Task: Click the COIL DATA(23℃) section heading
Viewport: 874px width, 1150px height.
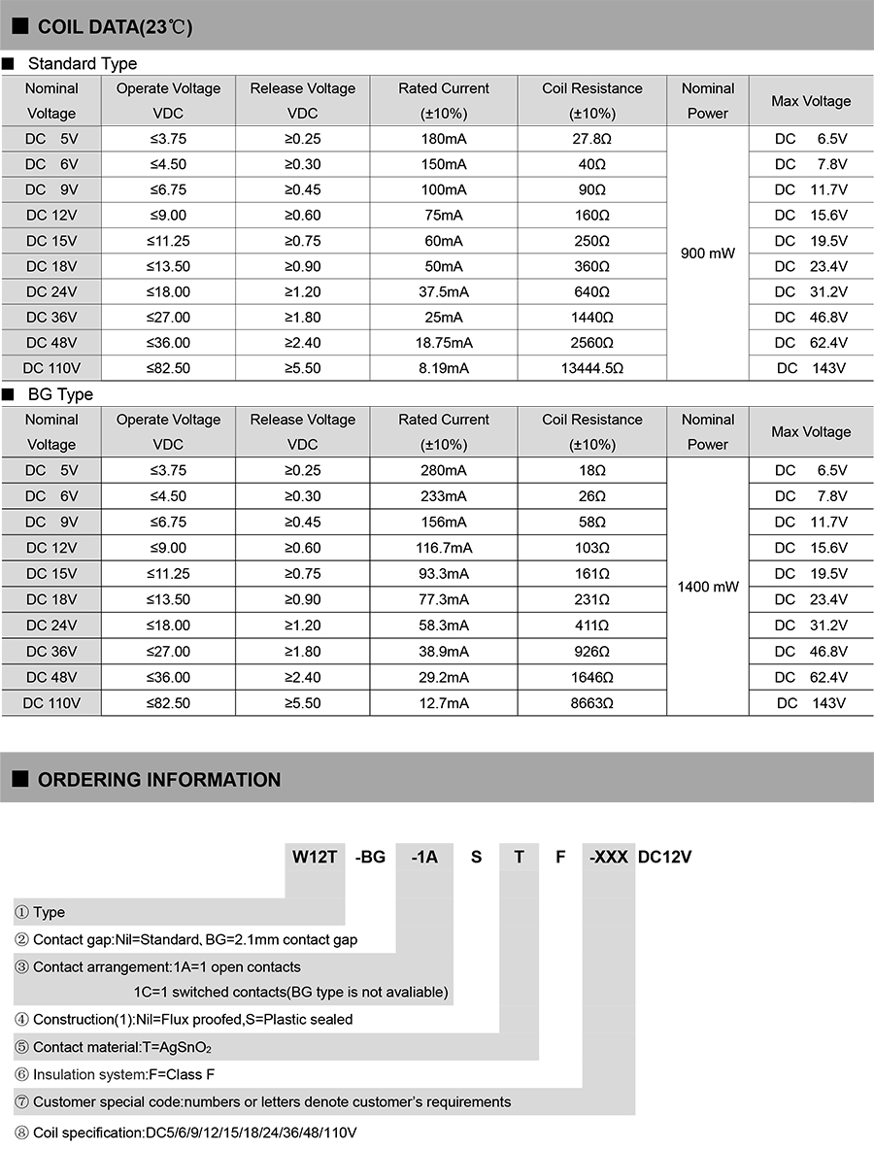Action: pos(115,27)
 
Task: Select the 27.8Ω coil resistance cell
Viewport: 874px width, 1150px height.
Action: pos(592,139)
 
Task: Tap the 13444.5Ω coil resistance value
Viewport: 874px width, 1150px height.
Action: pos(592,368)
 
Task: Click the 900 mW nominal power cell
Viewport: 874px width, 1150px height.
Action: pos(708,254)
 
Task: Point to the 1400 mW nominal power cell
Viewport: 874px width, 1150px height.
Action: pos(708,587)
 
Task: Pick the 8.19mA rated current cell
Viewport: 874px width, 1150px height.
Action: pos(445,368)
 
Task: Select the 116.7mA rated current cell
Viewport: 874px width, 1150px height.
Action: pos(445,548)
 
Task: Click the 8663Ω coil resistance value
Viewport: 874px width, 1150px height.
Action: pos(592,702)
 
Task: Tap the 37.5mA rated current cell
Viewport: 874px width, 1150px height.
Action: pos(445,291)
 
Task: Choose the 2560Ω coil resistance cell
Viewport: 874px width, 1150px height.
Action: pos(592,343)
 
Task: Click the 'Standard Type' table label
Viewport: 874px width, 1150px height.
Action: pos(83,64)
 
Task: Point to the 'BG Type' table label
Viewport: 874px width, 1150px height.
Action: pos(60,395)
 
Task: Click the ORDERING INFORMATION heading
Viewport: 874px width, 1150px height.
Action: pos(158,780)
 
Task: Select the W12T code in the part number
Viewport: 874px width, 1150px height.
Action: pos(315,857)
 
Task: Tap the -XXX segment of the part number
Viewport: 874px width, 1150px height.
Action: pos(608,857)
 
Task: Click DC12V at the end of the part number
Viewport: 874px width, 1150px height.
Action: pos(664,857)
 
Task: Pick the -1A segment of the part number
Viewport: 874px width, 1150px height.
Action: pos(425,857)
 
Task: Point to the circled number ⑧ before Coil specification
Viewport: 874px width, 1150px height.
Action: pos(21,1133)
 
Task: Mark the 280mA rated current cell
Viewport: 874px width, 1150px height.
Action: pos(445,471)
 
